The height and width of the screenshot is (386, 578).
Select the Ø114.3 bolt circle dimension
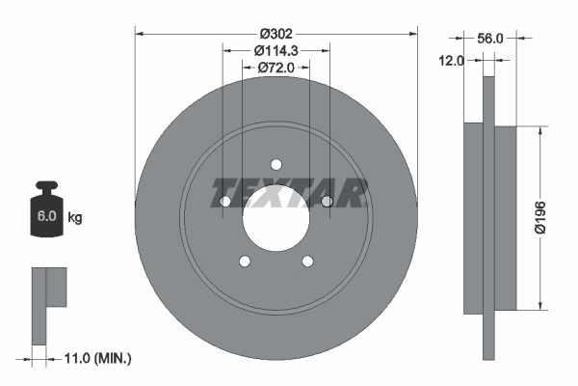click(276, 50)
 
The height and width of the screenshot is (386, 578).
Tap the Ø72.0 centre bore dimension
click(276, 68)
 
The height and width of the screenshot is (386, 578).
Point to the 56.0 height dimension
click(490, 39)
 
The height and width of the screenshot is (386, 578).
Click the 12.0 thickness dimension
click(452, 60)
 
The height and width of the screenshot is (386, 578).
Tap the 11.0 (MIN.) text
click(93, 358)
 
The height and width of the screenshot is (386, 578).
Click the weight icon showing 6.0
click(46, 213)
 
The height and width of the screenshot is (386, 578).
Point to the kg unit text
click(75, 218)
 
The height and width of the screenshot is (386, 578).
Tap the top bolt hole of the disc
click(276, 163)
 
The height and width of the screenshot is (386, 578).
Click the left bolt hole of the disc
click(225, 201)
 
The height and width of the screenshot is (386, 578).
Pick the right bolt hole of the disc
click(328, 201)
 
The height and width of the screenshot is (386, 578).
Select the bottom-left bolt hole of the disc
click(245, 261)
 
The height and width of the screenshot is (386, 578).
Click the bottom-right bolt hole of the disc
click(308, 261)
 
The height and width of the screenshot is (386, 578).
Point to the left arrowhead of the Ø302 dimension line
click(140, 34)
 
